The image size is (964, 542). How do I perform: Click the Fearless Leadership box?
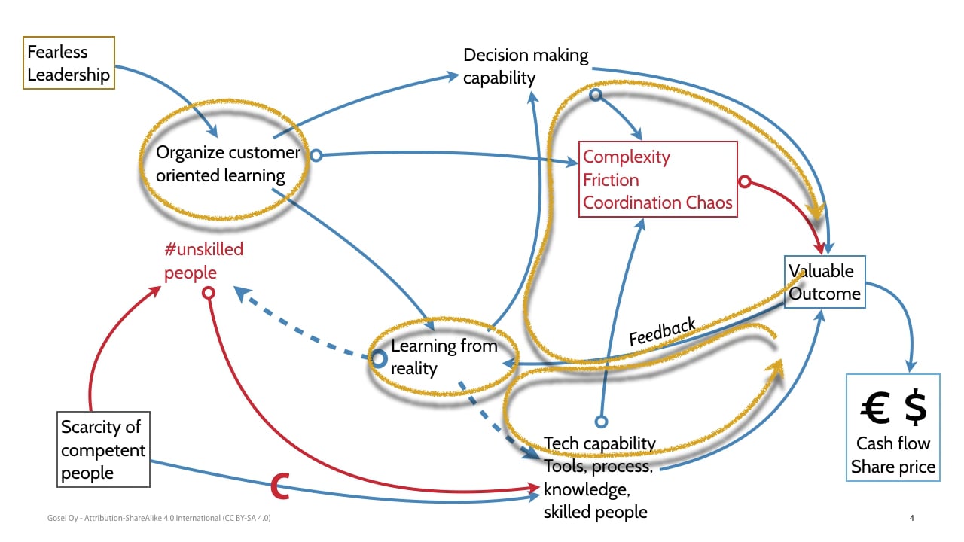point(69,63)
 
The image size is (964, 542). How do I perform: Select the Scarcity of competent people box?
point(104,449)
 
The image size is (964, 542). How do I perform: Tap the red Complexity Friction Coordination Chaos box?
point(657,180)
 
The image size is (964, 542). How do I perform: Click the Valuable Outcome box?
point(824,282)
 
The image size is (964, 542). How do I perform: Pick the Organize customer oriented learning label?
point(227,164)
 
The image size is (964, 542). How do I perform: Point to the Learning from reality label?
point(444,358)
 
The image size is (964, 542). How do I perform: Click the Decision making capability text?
point(525,66)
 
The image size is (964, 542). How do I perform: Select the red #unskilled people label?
point(203,260)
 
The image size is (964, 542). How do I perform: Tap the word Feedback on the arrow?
point(662,332)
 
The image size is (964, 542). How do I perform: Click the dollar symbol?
point(915,407)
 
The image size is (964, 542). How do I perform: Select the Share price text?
point(893,467)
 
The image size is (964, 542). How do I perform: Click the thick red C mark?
point(280,487)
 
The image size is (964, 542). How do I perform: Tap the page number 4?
point(912,518)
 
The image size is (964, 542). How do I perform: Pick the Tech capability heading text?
point(599,443)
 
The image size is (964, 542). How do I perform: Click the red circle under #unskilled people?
point(209,292)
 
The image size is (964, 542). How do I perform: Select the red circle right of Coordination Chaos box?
point(745,181)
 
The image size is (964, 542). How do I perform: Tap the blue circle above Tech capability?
point(600,422)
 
